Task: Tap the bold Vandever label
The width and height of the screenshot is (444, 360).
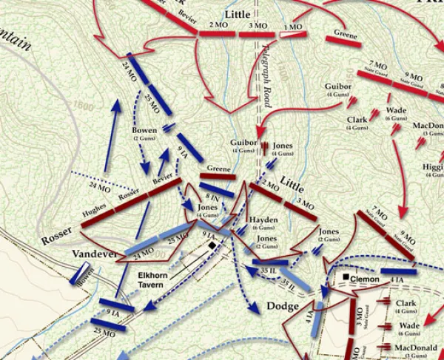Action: coord(95,254)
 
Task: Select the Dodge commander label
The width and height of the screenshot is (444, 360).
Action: coord(284,306)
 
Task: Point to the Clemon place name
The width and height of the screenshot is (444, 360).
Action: coord(366,279)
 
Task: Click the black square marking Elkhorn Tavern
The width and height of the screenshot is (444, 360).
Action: coord(212,245)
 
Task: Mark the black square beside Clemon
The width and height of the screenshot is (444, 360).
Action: coord(345,279)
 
